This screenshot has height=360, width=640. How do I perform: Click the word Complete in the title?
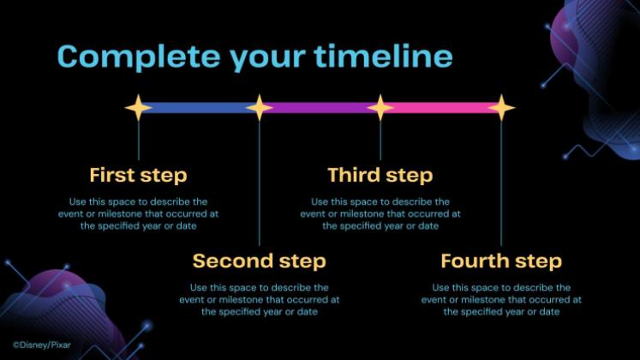[x=139, y=57]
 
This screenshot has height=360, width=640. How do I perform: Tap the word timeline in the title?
[x=383, y=56]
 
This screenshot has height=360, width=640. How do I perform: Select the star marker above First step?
[x=139, y=108]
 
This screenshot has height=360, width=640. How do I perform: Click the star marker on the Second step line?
[x=260, y=108]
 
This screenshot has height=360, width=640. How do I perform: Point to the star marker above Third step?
[x=380, y=108]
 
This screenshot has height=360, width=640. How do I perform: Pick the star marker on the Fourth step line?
[x=501, y=108]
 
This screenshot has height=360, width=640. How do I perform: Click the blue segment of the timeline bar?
[x=199, y=108]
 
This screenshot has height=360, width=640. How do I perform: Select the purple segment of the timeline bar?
[x=320, y=108]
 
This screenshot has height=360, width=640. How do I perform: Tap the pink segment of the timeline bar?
[x=441, y=108]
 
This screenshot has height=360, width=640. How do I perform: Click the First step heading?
[x=139, y=176]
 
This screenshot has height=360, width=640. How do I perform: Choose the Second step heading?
[x=260, y=261]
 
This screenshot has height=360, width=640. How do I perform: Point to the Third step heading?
[x=380, y=176]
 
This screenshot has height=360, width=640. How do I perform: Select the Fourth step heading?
[x=501, y=261]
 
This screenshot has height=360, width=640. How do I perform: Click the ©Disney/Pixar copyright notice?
[x=42, y=345]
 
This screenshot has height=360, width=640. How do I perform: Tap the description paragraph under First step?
[x=139, y=214]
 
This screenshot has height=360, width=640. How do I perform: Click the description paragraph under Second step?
[x=260, y=300]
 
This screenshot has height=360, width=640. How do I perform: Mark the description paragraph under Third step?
[x=380, y=214]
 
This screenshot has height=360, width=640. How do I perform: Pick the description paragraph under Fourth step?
[x=501, y=300]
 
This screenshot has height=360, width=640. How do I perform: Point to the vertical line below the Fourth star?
[x=501, y=183]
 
